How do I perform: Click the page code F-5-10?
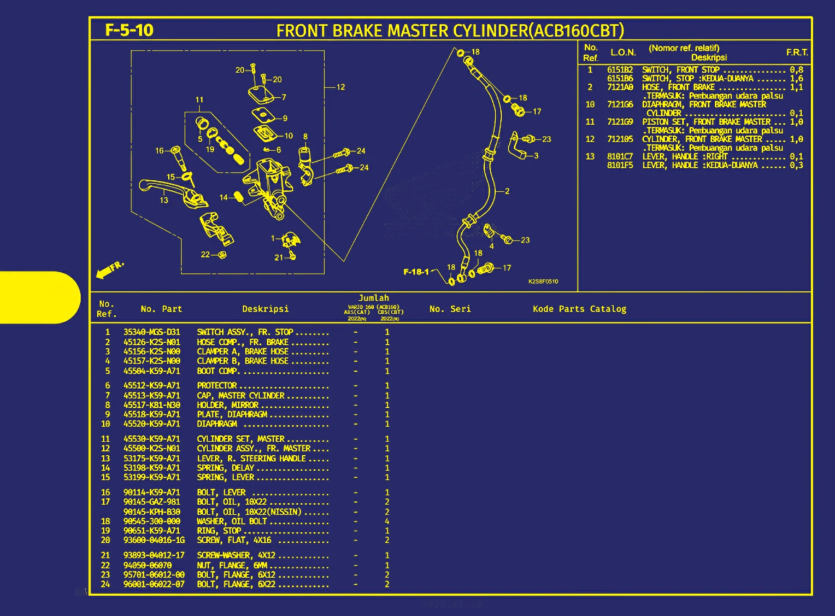pyautogui.click(x=129, y=30)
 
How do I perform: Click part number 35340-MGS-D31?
pyautogui.click(x=151, y=332)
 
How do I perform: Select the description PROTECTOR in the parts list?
pyautogui.click(x=217, y=385)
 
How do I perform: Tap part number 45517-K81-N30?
pyautogui.click(x=151, y=405)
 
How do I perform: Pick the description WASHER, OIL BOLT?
pyautogui.click(x=232, y=521)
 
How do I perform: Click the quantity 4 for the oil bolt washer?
pyautogui.click(x=387, y=521)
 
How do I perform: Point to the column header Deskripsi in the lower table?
pyautogui.click(x=265, y=309)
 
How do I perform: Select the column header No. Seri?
pyautogui.click(x=450, y=309)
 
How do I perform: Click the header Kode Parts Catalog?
pyautogui.click(x=579, y=309)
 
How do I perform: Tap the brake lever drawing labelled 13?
pyautogui.click(x=164, y=189)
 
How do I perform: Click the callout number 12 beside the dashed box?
pyautogui.click(x=340, y=87)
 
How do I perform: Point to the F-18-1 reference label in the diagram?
pyautogui.click(x=416, y=272)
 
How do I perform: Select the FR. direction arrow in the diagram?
pyautogui.click(x=109, y=269)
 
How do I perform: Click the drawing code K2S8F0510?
pyautogui.click(x=543, y=281)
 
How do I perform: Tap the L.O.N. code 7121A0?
pyautogui.click(x=620, y=87)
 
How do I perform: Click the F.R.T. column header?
pyautogui.click(x=797, y=52)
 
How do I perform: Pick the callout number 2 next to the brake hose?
pyautogui.click(x=507, y=191)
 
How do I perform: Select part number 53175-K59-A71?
pyautogui.click(x=151, y=459)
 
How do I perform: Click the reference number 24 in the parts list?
pyautogui.click(x=105, y=584)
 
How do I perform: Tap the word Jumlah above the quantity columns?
pyautogui.click(x=374, y=298)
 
